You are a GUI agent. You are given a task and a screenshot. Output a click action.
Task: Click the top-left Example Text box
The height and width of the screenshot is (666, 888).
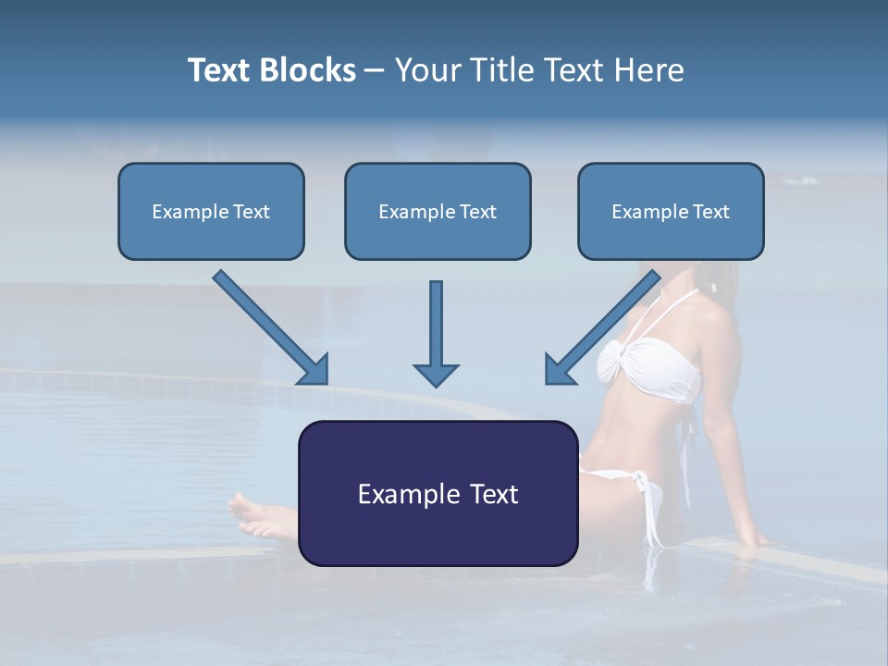pos(211,211)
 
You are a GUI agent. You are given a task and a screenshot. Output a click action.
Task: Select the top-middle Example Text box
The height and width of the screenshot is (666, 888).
pos(438,211)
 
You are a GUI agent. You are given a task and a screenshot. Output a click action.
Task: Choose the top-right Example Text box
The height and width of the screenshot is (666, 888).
pos(671,211)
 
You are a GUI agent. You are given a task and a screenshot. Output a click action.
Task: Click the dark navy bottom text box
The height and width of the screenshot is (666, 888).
pos(438,493)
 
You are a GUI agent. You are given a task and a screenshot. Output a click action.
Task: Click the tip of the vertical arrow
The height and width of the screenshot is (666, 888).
pos(436,383)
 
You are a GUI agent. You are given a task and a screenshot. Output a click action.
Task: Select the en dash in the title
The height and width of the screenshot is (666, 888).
pos(375,70)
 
